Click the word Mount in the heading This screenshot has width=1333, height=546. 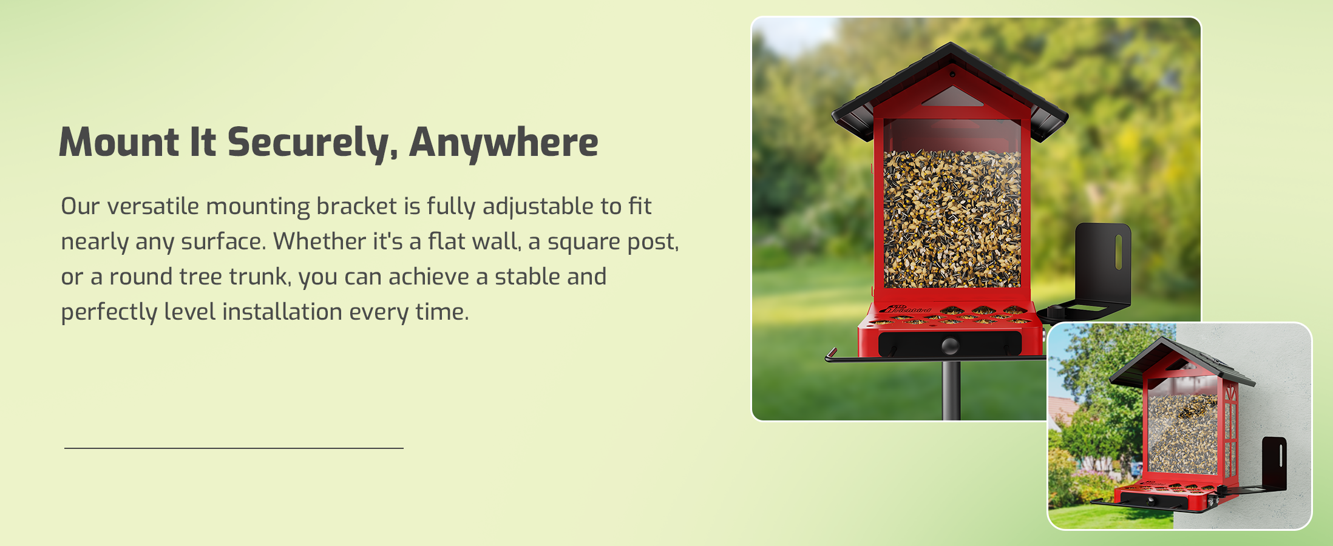(119, 143)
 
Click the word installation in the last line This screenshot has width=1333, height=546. (282, 312)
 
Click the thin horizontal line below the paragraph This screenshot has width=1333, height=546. (234, 448)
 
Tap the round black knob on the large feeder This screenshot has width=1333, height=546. (950, 346)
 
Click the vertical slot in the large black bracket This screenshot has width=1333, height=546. (1118, 252)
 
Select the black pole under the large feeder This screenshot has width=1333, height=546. (951, 390)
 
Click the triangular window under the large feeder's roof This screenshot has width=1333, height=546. (952, 97)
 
